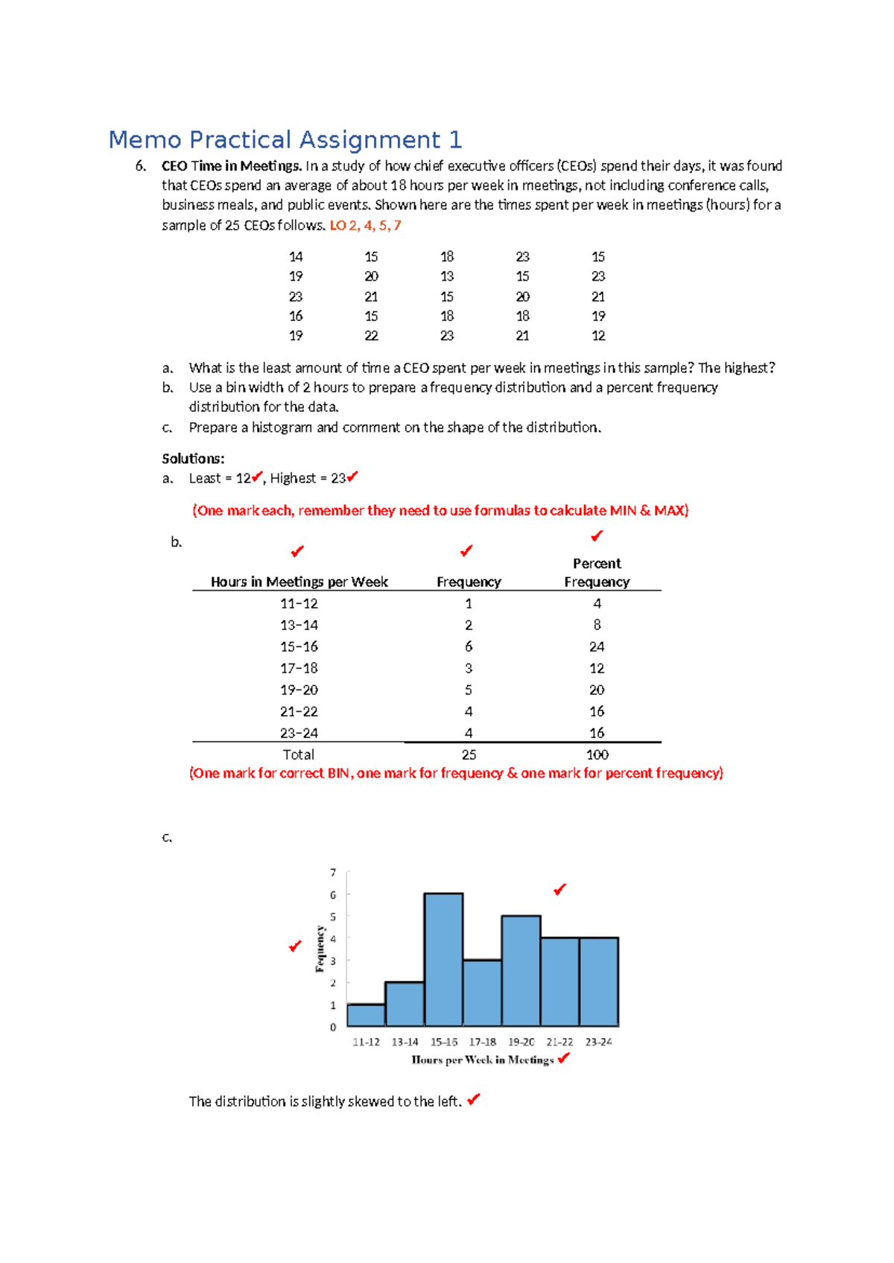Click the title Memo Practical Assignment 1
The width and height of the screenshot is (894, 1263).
(x=285, y=140)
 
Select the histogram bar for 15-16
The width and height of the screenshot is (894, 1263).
(x=443, y=961)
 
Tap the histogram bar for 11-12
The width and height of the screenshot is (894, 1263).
(x=366, y=1015)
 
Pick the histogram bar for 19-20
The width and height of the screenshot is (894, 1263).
(x=521, y=972)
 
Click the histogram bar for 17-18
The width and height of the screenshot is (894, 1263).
(x=482, y=993)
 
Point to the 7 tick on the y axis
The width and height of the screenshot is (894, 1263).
(x=333, y=872)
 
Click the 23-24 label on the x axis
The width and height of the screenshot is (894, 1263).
(x=598, y=1042)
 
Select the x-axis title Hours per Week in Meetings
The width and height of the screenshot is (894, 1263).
(x=483, y=1060)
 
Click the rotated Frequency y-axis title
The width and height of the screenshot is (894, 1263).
(x=320, y=949)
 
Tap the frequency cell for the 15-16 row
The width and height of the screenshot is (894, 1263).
(x=469, y=646)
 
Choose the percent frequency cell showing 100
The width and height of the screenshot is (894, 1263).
(x=597, y=754)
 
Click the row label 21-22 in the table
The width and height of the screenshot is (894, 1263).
(x=299, y=711)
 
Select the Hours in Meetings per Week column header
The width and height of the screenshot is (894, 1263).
(x=299, y=582)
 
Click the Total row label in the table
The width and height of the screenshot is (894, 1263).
(x=298, y=754)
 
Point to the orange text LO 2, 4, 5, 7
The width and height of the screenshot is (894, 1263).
(x=365, y=225)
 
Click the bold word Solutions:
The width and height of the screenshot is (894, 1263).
(x=193, y=459)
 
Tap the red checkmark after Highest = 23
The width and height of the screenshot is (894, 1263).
(x=352, y=477)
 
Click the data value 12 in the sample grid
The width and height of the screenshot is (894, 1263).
(x=598, y=336)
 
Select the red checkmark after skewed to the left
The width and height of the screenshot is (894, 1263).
(x=474, y=1098)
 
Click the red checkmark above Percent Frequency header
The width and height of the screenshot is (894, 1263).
(x=597, y=536)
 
